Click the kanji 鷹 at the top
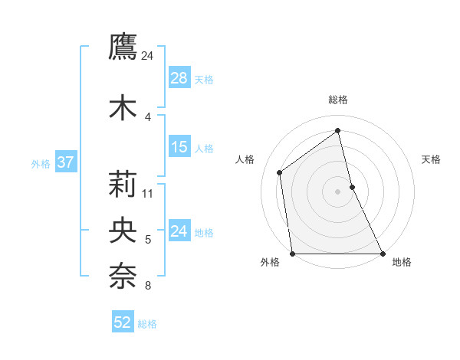tap(123, 47)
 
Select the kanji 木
tap(123, 107)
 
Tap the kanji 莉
tap(123, 185)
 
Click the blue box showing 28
tap(179, 79)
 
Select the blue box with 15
tap(179, 147)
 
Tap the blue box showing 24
tap(179, 231)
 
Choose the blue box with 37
tap(65, 162)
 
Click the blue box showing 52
tap(123, 323)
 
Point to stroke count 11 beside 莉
tap(149, 193)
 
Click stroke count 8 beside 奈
tap(148, 286)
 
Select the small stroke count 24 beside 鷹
tap(148, 55)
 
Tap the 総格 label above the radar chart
tap(338, 100)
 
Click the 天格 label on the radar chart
tap(431, 159)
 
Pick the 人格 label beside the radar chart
tap(245, 159)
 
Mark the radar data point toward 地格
tap(383, 254)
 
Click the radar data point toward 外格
tap(293, 254)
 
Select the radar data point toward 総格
tap(338, 131)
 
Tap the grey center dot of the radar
tap(338, 191)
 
